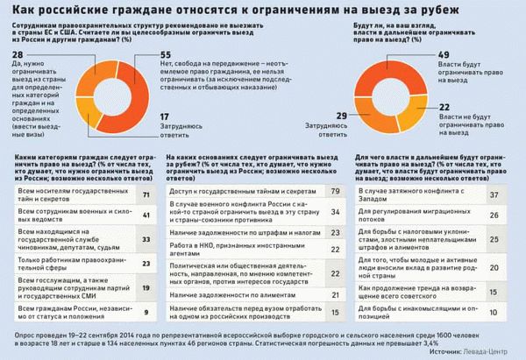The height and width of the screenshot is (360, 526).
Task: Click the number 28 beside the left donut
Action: [16, 55]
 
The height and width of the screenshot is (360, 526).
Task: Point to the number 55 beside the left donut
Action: [164, 55]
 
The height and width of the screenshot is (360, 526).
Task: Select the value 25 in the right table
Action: [495, 237]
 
